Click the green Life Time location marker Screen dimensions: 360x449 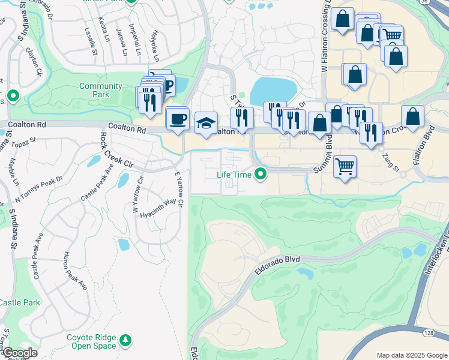pos(261,175)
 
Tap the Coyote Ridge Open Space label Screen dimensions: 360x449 pos(94,341)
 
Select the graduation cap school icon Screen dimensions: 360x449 pos(206,124)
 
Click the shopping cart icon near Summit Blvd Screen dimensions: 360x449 pos(345,166)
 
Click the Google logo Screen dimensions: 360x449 pos(19,353)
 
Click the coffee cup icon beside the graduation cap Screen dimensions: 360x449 pos(177,118)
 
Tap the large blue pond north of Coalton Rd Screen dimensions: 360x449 pos(274,91)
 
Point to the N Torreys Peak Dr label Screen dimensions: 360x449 pos(40,187)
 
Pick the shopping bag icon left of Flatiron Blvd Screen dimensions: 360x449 pos(412,118)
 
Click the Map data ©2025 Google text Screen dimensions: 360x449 pos(411,355)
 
